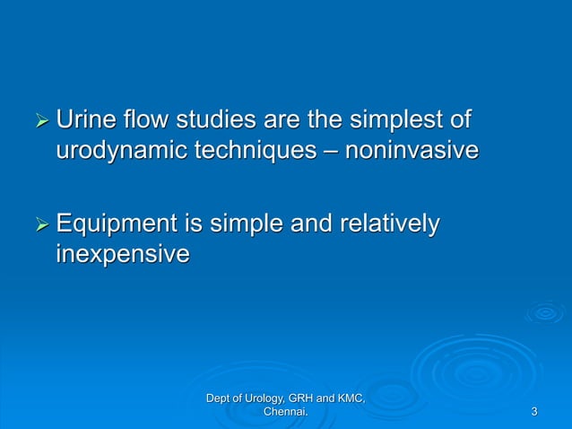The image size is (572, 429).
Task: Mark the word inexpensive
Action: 123,255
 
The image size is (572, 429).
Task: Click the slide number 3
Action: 534,412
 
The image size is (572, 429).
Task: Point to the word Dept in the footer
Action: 219,398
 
